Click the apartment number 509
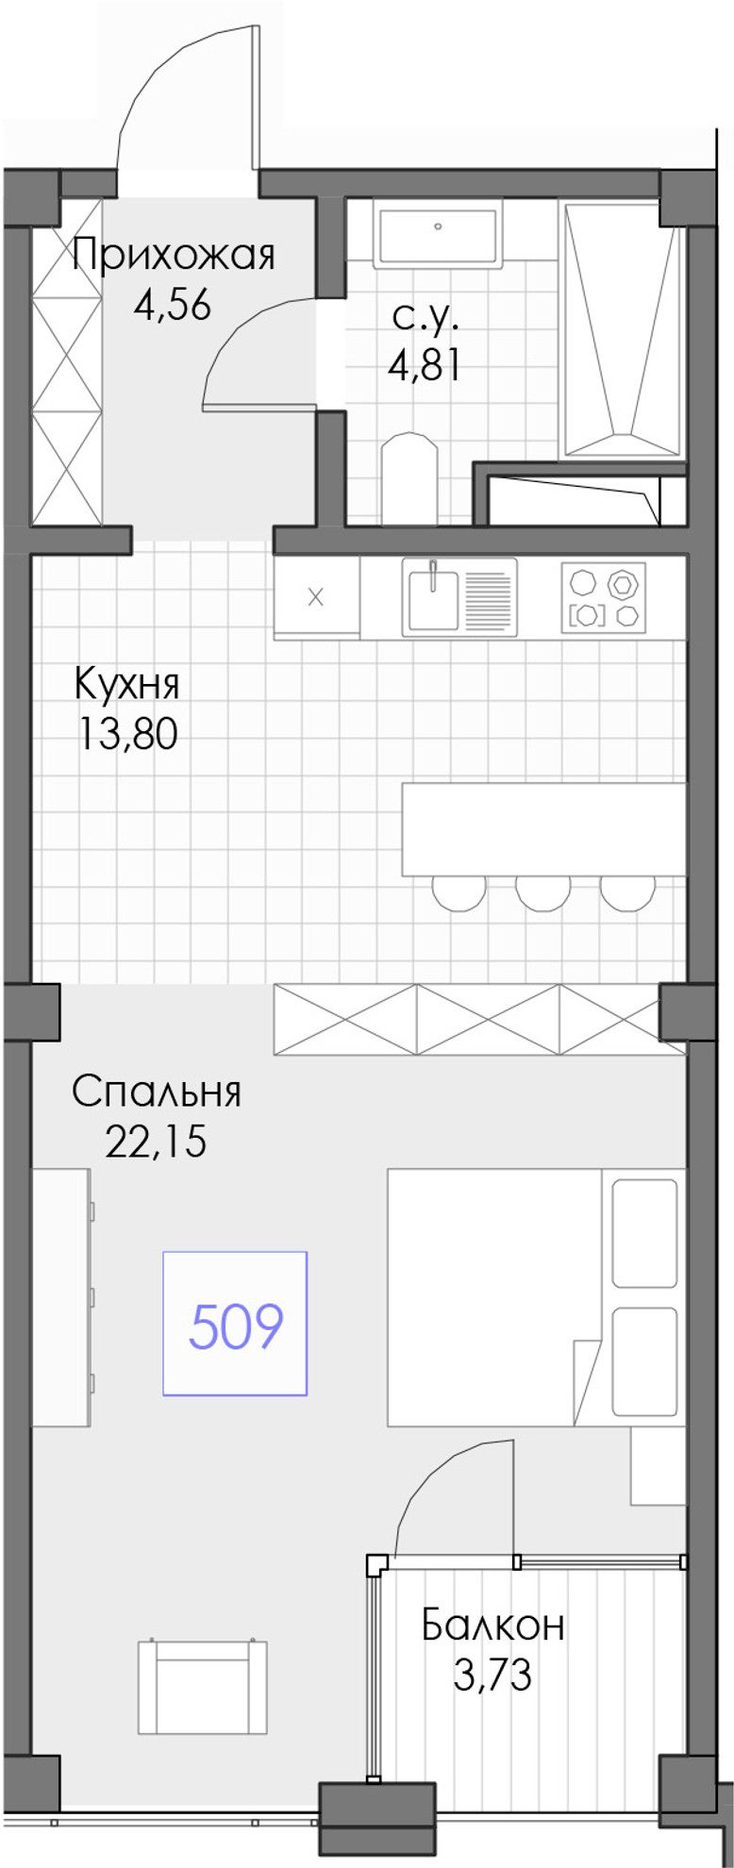pyautogui.click(x=236, y=1326)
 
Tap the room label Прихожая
pyautogui.click(x=175, y=255)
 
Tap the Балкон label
pyautogui.click(x=493, y=1625)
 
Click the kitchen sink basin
pyautogui.click(x=433, y=598)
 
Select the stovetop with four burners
pyautogui.click(x=604, y=597)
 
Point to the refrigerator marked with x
pyautogui.click(x=316, y=596)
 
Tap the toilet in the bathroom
pyautogui.click(x=410, y=478)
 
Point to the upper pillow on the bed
pyautogui.click(x=644, y=1233)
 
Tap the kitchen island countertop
pyautogui.click(x=544, y=829)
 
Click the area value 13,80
pyautogui.click(x=127, y=735)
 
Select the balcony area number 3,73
pyautogui.click(x=492, y=1676)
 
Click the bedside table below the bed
pyautogui.click(x=659, y=1465)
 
